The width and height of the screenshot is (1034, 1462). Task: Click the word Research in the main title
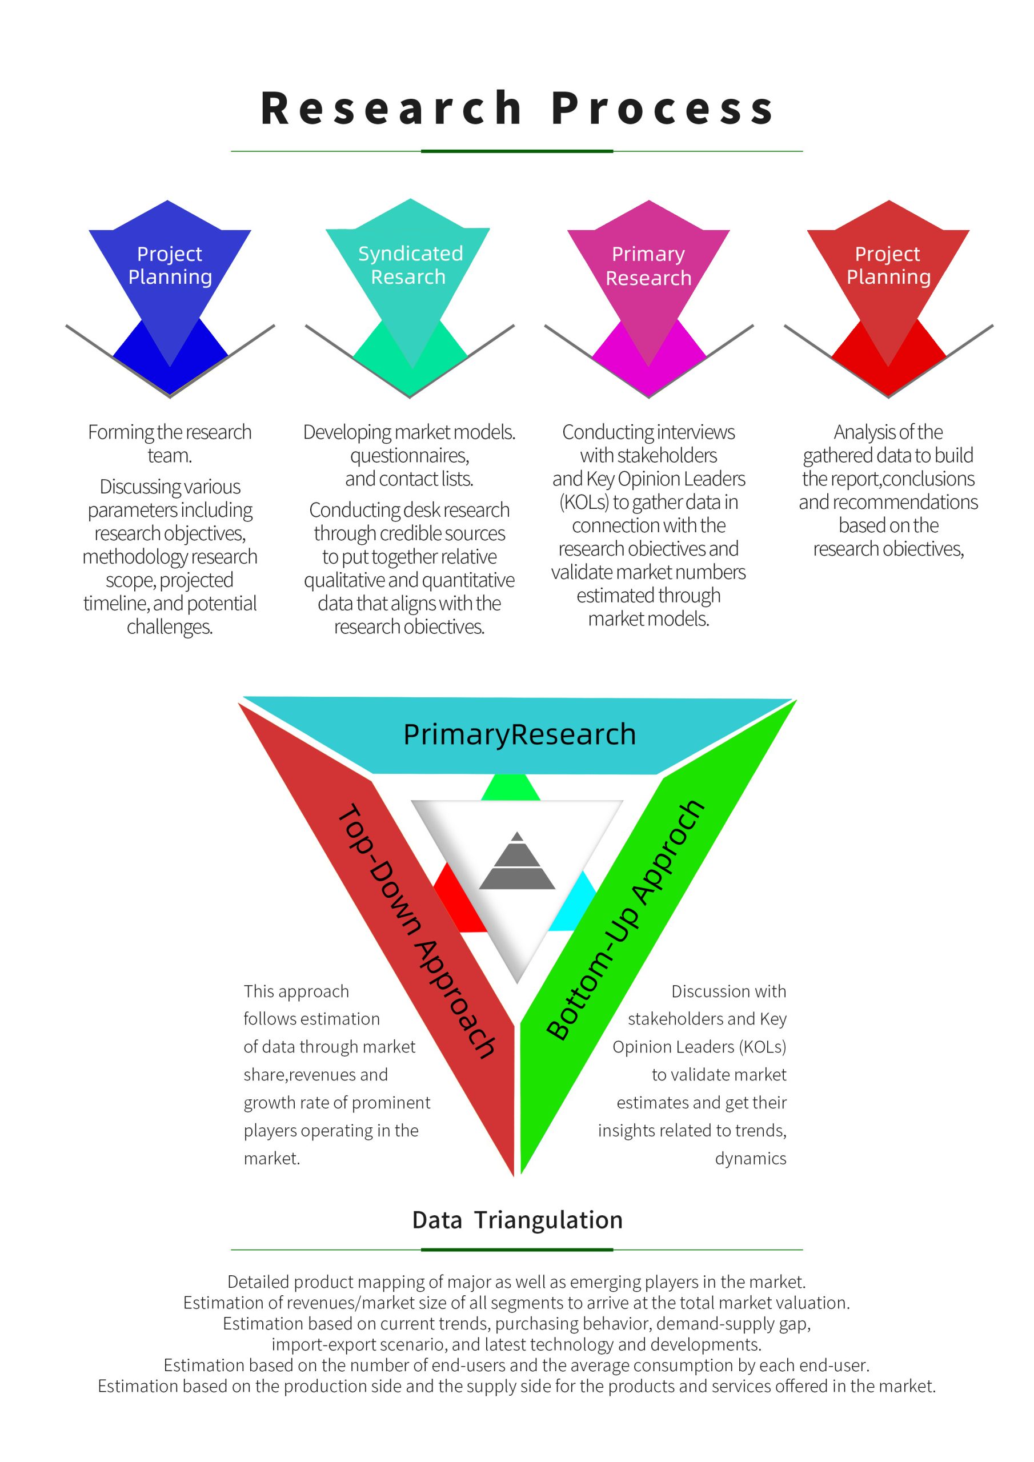coord(391,109)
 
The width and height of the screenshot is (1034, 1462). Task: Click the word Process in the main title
coord(663,109)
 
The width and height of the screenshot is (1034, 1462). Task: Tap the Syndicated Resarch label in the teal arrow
coord(410,265)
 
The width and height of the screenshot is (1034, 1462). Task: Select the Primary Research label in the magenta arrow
coord(648,266)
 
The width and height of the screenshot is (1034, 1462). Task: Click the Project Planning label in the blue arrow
coord(170,265)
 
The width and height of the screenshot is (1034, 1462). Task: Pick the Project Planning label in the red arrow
coord(888,265)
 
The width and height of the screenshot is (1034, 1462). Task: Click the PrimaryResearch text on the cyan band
coord(519,734)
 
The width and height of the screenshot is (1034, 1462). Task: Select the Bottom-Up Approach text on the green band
coord(626,919)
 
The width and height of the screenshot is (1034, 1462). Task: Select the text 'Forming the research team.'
coord(170,444)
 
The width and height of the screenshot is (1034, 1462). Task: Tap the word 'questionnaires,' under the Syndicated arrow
coord(410,455)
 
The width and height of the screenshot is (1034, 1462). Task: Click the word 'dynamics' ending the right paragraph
coord(750,1158)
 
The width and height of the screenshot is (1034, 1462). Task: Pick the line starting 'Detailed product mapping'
coord(516,1282)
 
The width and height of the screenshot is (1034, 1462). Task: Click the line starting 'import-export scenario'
coord(516,1344)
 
